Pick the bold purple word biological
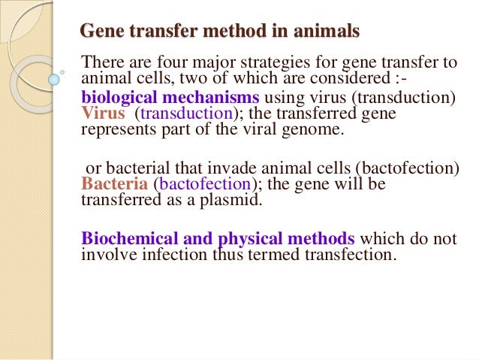[116, 98]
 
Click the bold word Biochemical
[125, 239]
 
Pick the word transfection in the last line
[353, 255]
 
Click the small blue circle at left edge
[53, 78]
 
